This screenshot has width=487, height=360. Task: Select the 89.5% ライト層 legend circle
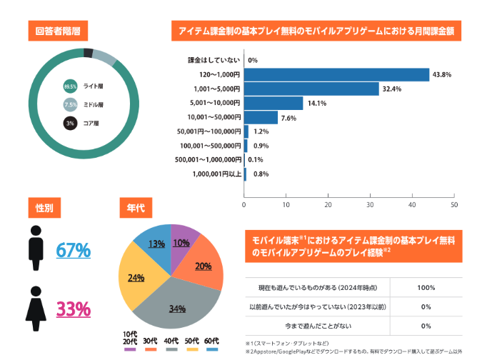click(x=70, y=86)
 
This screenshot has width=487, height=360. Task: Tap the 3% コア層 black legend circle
click(x=70, y=123)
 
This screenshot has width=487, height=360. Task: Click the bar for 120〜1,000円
click(x=336, y=75)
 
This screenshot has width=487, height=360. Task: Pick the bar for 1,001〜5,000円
click(x=311, y=89)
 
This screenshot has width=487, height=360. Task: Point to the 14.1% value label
click(x=316, y=104)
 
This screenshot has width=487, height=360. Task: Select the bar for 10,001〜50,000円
click(x=261, y=118)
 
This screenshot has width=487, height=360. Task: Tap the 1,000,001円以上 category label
click(x=217, y=174)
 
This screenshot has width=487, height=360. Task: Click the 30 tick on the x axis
click(x=370, y=205)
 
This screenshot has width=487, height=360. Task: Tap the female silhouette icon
click(x=36, y=305)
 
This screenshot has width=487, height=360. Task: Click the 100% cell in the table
click(x=426, y=288)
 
